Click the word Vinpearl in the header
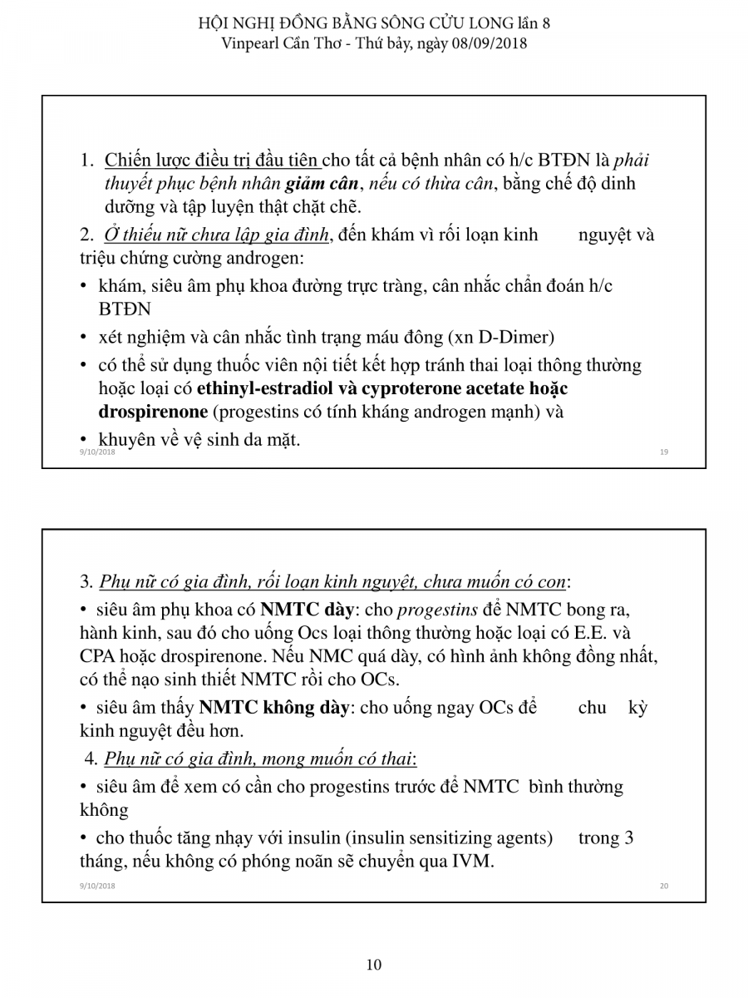coord(249,42)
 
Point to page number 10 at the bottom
coord(374,965)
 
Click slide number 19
coord(664,452)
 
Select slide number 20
coord(664,886)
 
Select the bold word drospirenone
coord(153,412)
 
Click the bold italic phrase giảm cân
coord(320,183)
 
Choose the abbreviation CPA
coord(98,655)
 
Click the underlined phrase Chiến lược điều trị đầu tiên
coord(212,160)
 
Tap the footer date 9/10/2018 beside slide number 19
coord(97,452)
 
